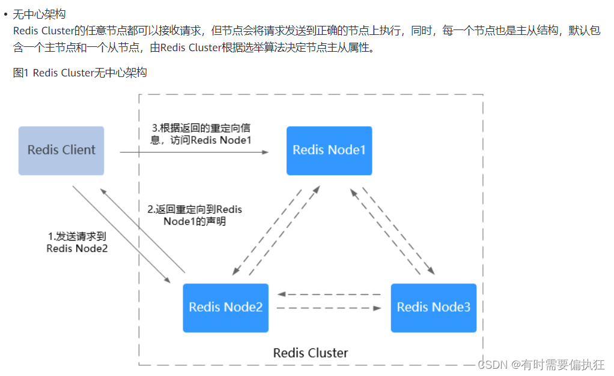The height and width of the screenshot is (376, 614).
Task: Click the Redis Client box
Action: coord(61,150)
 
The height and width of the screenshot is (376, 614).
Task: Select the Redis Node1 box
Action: coord(329,150)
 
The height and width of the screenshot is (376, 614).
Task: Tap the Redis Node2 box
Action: coord(225,307)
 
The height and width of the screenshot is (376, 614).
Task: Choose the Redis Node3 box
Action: coord(433,307)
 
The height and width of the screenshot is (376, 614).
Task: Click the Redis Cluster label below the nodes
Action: coord(310,353)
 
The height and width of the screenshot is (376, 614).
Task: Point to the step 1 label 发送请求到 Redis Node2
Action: coord(77,242)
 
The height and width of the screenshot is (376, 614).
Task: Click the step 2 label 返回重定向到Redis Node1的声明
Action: coord(195,215)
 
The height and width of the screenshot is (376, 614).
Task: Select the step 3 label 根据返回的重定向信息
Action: coord(201,134)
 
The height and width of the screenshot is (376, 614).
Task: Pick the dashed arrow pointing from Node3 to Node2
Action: coord(329,295)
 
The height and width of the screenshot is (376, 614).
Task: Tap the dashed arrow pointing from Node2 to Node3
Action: coord(329,308)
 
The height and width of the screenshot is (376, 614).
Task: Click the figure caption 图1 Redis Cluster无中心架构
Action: coord(80,73)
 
